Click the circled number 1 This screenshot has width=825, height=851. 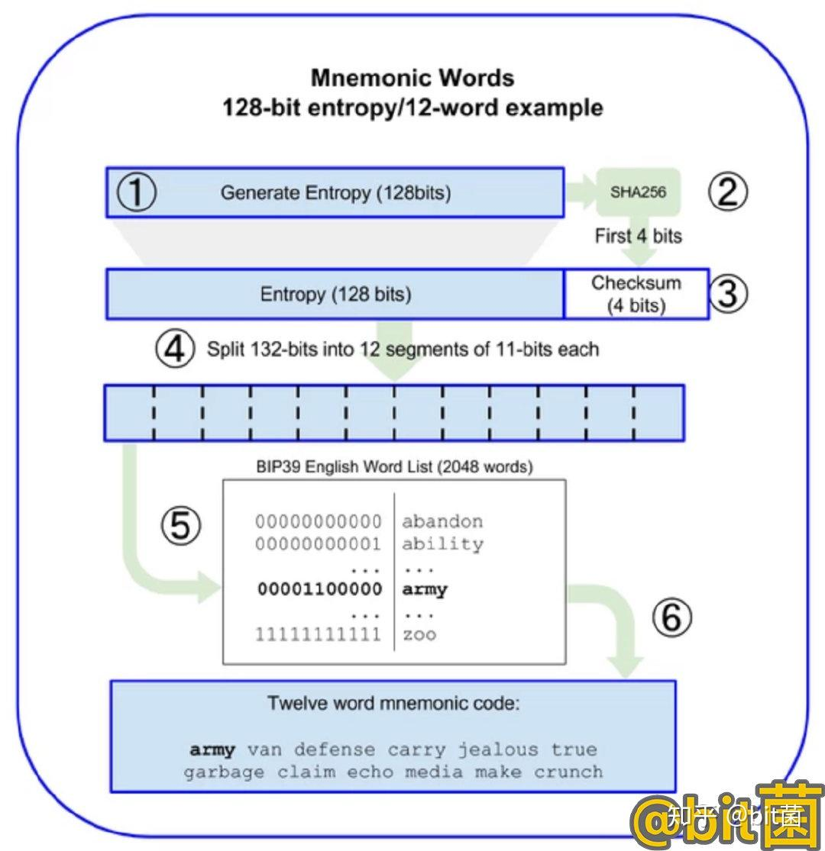[x=136, y=192]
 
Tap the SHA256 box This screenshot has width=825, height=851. [x=638, y=192]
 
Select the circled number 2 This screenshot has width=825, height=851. [x=726, y=192]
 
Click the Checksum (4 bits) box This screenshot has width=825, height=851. [x=636, y=294]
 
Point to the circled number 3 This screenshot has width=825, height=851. [x=726, y=294]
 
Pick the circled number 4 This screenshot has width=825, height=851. [x=176, y=350]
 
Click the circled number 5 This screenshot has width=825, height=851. [x=180, y=526]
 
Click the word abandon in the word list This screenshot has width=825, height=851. [x=442, y=522]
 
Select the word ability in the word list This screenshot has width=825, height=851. [x=442, y=544]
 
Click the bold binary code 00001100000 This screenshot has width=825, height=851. [x=319, y=589]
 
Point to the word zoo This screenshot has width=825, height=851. [x=419, y=634]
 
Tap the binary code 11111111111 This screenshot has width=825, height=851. [x=319, y=634]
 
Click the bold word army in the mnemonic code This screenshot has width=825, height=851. [x=212, y=749]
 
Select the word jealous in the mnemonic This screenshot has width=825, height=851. [x=497, y=749]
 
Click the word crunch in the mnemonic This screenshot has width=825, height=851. [x=568, y=772]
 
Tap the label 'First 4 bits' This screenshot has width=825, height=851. [x=639, y=236]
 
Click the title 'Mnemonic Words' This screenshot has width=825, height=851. [x=412, y=78]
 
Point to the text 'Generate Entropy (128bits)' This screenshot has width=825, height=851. [x=336, y=193]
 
